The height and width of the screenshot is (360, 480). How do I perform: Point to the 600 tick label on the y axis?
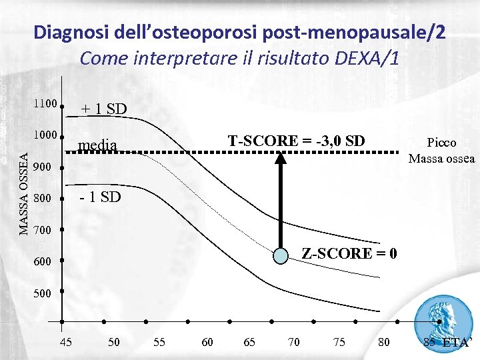click(42, 263)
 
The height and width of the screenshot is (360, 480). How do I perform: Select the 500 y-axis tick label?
click(42, 294)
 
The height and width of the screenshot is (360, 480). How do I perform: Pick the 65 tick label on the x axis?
click(249, 342)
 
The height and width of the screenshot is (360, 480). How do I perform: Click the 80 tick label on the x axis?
click(384, 342)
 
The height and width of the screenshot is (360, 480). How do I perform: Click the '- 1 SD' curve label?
click(101, 197)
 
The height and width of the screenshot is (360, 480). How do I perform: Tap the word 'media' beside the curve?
click(97, 145)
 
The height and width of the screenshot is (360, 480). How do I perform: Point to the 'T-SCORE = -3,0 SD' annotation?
click(296, 141)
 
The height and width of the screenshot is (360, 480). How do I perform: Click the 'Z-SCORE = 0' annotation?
click(349, 253)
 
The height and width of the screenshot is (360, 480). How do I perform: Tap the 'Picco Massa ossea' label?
click(441, 151)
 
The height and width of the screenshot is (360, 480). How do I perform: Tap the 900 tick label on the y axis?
click(42, 167)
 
